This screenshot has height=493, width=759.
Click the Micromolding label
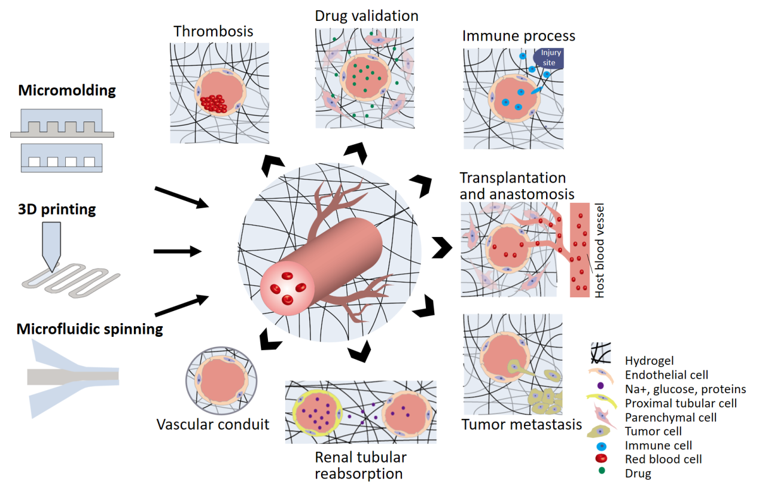click(x=66, y=91)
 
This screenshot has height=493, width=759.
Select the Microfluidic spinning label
click(x=90, y=328)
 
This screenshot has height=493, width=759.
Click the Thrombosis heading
click(x=214, y=31)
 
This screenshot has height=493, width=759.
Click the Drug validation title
click(x=367, y=15)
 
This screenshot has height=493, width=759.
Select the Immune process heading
click(x=519, y=36)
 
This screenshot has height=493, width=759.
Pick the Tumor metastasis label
click(x=522, y=425)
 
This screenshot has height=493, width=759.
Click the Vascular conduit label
click(x=213, y=424)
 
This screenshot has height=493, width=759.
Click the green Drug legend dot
click(x=600, y=473)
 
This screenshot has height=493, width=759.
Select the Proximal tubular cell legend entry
click(x=681, y=403)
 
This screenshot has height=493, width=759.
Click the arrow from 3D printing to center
click(x=178, y=251)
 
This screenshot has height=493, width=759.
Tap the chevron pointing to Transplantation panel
click(x=441, y=248)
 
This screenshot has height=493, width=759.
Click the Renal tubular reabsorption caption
click(x=361, y=465)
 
